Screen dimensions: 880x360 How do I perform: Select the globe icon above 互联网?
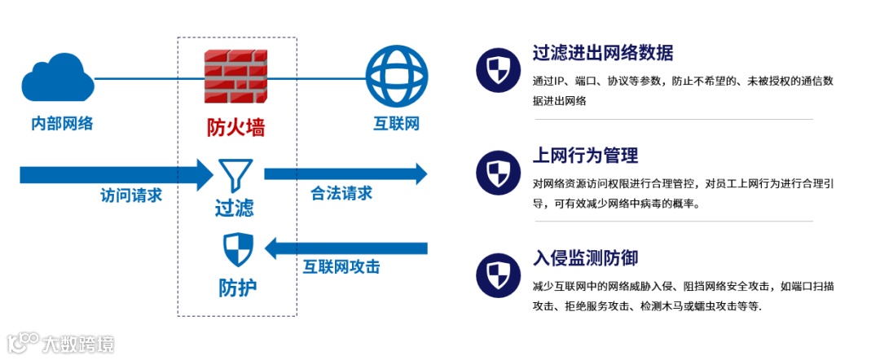point(397,77)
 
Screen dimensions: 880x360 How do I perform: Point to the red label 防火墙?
point(235,128)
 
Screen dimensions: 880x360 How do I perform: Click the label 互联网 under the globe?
point(396,124)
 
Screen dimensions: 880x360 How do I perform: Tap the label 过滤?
point(235,208)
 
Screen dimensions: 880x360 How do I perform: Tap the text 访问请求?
point(131,195)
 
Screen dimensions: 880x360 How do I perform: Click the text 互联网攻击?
point(341,267)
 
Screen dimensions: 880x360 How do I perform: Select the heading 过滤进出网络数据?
point(602,54)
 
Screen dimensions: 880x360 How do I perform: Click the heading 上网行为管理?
point(585,156)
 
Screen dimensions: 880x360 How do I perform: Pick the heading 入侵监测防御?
point(585,258)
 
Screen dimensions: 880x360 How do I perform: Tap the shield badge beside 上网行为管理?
point(497,172)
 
